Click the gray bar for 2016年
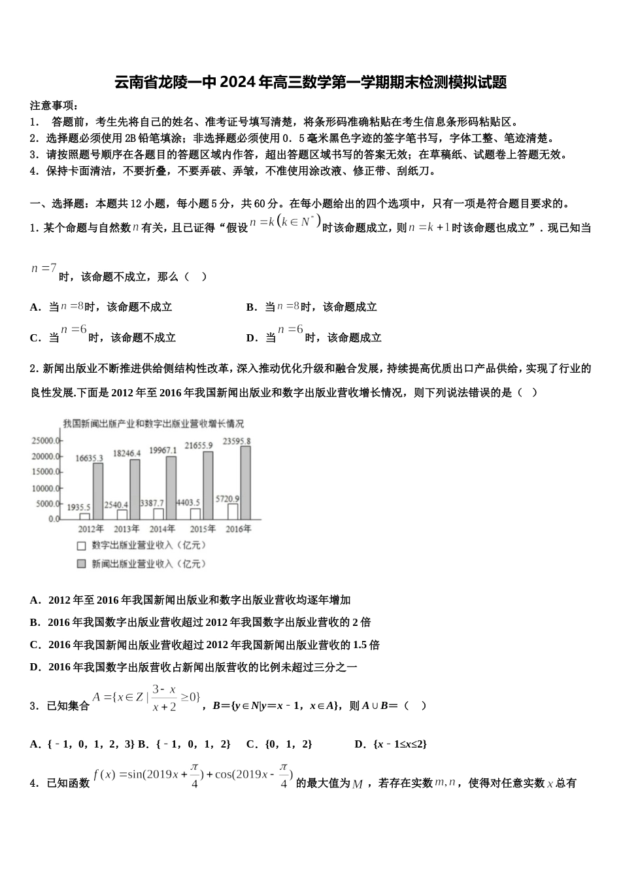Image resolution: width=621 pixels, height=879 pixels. click(x=245, y=483)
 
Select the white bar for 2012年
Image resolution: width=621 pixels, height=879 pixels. click(x=85, y=516)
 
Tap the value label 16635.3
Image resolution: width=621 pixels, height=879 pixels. click(x=89, y=458)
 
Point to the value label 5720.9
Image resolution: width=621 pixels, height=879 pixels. click(x=227, y=498)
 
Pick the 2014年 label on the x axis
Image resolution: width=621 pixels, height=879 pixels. click(x=163, y=528)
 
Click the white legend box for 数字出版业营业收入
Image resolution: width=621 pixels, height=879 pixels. click(x=82, y=545)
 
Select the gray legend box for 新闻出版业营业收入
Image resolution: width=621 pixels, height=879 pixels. click(x=82, y=563)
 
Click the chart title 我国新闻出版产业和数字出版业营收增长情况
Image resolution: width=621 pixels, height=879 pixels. click(x=154, y=423)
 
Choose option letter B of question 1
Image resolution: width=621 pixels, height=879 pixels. click(x=250, y=307)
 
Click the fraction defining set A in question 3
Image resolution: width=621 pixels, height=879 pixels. click(x=164, y=698)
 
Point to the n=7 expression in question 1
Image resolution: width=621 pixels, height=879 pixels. click(x=44, y=268)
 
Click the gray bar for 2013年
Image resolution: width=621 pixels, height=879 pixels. click(x=135, y=489)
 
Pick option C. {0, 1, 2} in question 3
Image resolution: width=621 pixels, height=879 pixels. click(x=279, y=744)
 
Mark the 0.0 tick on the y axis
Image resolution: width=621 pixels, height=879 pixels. click(x=53, y=519)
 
